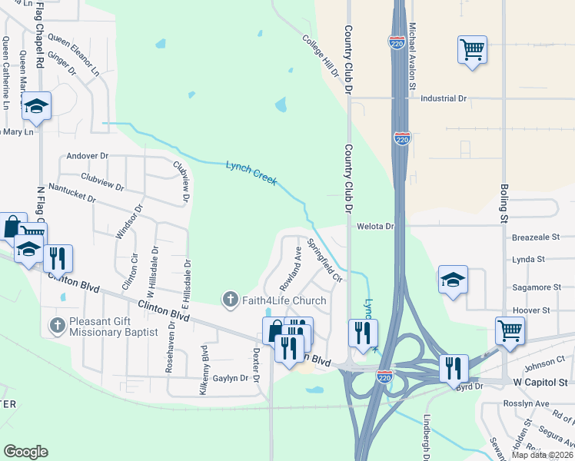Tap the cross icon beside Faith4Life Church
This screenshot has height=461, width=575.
coord(229,299)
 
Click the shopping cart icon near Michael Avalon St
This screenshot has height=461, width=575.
coord(471,50)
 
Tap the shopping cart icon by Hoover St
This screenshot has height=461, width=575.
coord(510,331)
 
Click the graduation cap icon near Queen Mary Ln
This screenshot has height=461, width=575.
coord(35,108)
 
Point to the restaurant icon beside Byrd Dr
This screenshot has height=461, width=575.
coord(454,368)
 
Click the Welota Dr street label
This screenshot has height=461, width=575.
coord(375,227)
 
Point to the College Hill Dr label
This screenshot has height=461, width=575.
coord(321,56)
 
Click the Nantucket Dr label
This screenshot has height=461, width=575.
coord(71,192)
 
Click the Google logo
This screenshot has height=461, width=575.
coord(25,452)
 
